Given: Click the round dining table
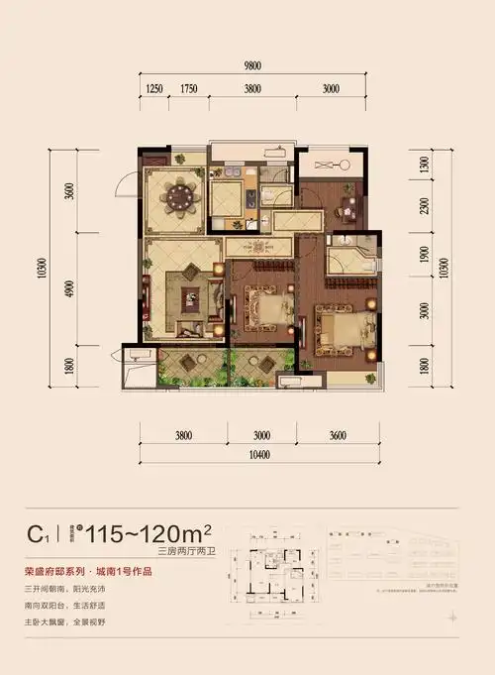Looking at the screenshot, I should pos(179,196).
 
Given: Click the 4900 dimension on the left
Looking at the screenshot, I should pos(68,287).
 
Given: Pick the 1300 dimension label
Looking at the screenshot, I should pos(425,166).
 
